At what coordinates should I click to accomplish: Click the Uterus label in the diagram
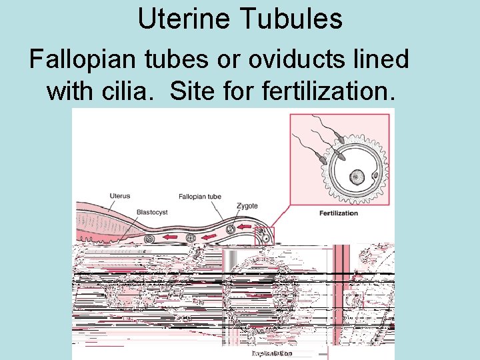120,196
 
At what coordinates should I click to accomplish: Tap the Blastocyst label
152,213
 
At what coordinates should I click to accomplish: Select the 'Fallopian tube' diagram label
200,197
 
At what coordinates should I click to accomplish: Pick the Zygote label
247,206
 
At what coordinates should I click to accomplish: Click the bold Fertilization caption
339,213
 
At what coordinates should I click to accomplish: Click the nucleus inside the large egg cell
357,177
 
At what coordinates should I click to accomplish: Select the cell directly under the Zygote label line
231,230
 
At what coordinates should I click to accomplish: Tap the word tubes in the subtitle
160,59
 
